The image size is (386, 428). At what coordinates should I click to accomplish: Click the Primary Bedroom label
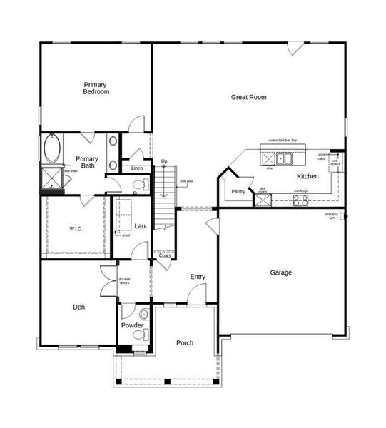[x=96, y=88]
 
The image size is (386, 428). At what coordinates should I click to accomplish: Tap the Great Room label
[x=248, y=97]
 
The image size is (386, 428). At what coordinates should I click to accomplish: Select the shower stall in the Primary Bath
[x=51, y=176]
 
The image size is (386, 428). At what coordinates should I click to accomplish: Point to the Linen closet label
[x=136, y=168]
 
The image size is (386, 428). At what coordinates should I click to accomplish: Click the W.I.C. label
[x=77, y=228]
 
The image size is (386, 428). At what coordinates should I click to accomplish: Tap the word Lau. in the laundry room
[x=141, y=226]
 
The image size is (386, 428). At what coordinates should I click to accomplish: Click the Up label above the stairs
[x=164, y=162]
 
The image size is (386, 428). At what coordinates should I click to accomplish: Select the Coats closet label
[x=164, y=255]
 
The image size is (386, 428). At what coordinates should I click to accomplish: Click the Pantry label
[x=238, y=191]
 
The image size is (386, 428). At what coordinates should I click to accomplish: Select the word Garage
[x=280, y=272]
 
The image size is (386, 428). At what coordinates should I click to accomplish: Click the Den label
[x=79, y=307]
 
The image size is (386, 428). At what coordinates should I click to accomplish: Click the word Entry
[x=198, y=277]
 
